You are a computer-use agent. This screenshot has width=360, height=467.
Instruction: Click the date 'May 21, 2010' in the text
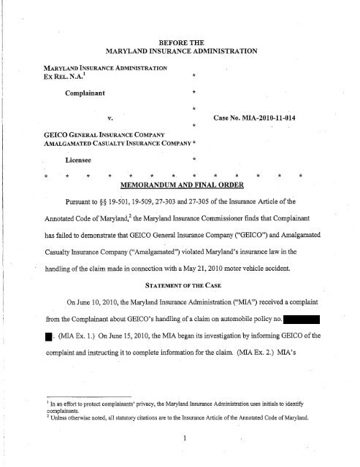(242, 255)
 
